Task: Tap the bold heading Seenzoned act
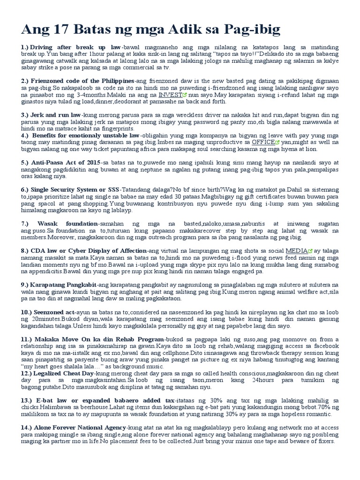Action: click(54, 312)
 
